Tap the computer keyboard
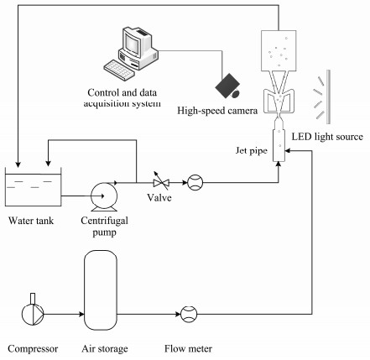click(118, 70)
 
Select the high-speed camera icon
click(228, 86)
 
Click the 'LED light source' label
click(327, 137)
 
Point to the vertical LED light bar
click(328, 97)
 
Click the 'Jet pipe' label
click(251, 151)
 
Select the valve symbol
click(161, 183)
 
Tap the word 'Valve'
click(159, 198)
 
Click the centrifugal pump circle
click(104, 196)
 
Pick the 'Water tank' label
click(31, 221)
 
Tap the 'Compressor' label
click(33, 349)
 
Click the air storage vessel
click(101, 290)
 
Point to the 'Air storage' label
click(105, 349)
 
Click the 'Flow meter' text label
click(188, 349)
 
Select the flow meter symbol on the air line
click(189, 314)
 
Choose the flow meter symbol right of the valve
click(195, 183)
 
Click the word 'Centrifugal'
click(104, 221)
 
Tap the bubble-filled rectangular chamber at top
click(279, 50)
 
